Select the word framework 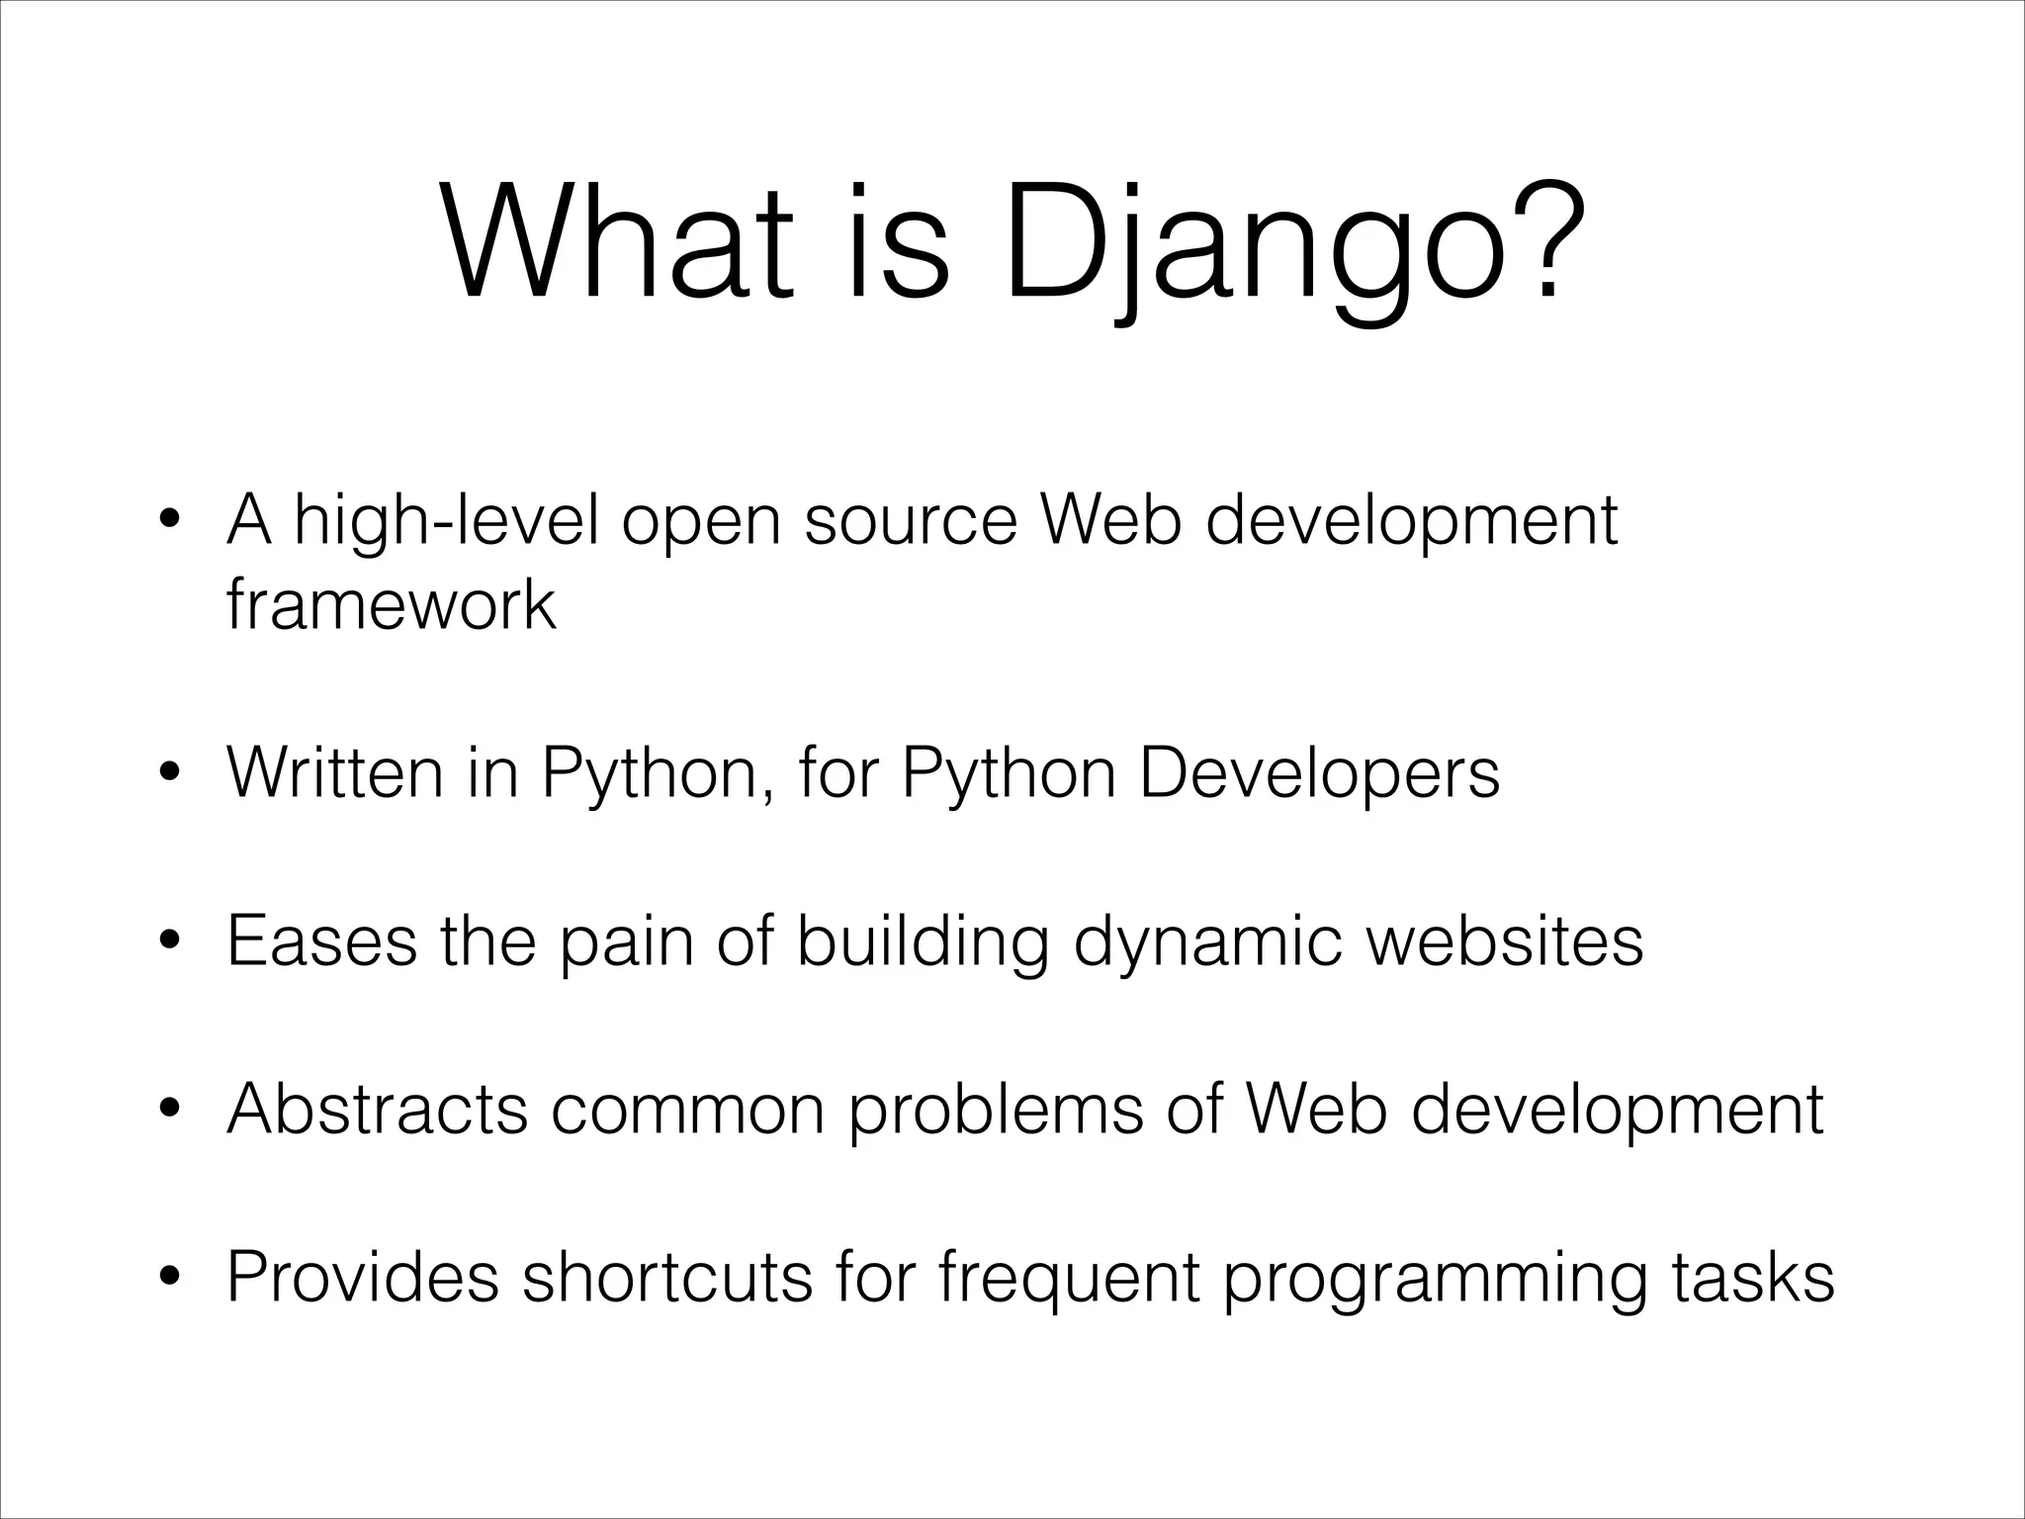click(391, 604)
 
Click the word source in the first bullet click(910, 522)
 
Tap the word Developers click(1319, 774)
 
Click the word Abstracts click(377, 1109)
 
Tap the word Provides click(362, 1277)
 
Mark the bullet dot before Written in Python click(170, 774)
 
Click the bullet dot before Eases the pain click(170, 942)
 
